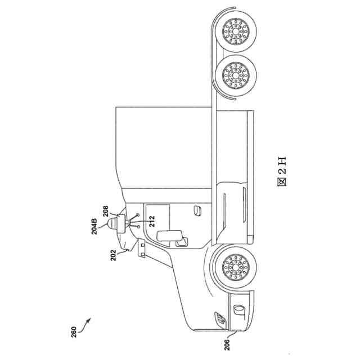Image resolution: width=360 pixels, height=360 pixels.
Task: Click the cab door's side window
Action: [158, 215]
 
